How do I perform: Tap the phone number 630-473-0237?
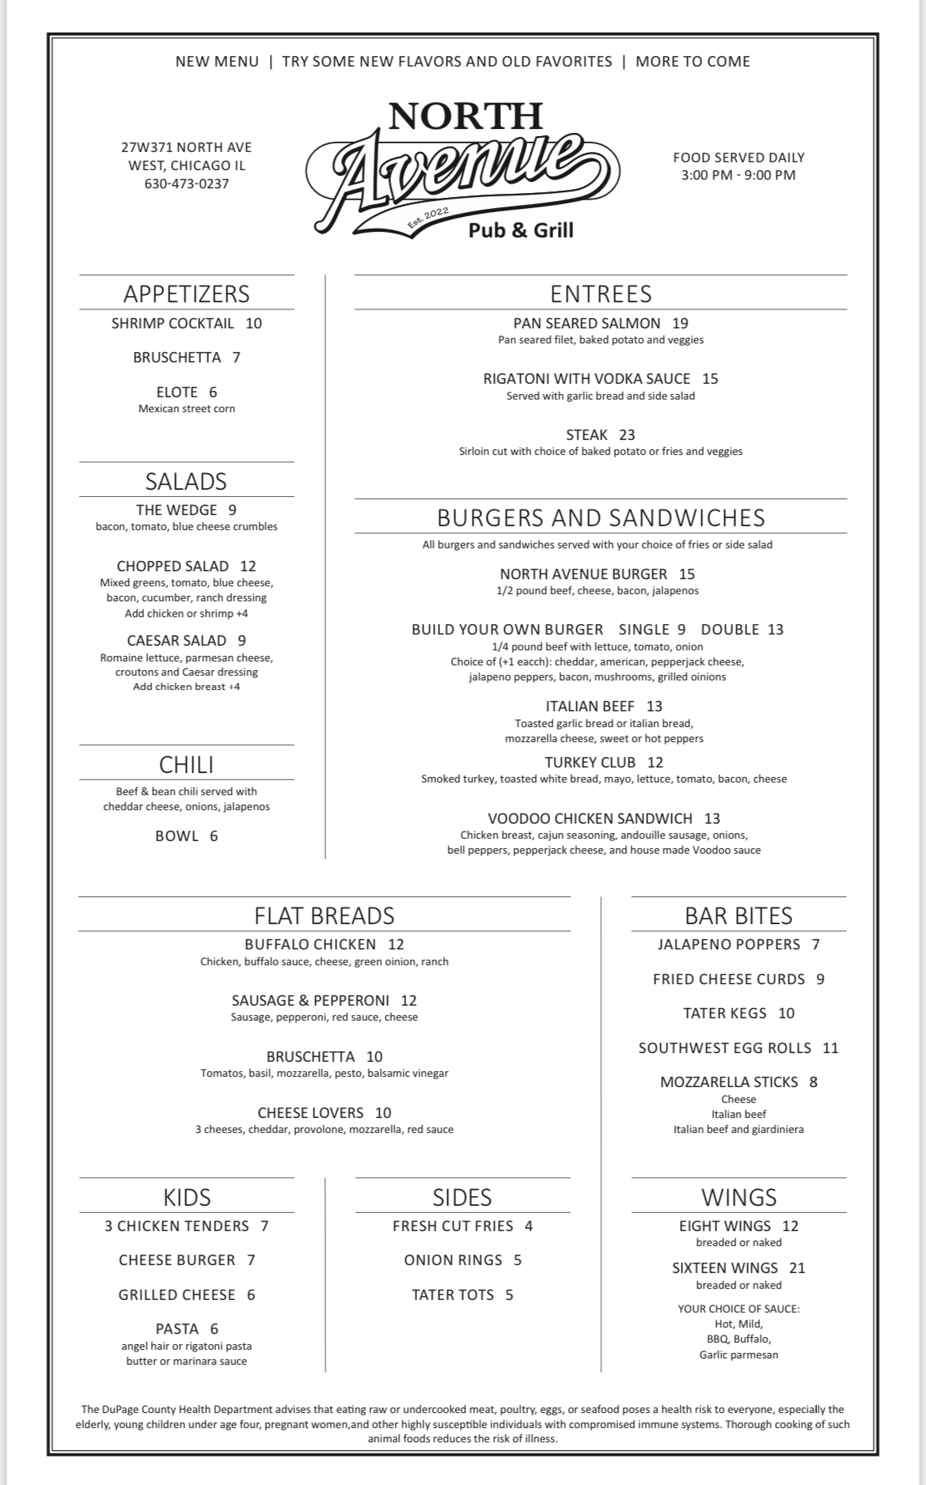[187, 184]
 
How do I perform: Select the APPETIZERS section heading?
[187, 294]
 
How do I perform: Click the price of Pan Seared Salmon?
[680, 323]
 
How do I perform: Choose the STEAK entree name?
[586, 434]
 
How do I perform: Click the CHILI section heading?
[187, 764]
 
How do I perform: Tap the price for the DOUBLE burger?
[776, 629]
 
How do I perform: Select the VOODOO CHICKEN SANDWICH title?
[590, 818]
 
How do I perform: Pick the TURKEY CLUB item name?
[590, 762]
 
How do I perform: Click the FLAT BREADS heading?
[324, 915]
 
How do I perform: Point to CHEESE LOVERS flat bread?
[310, 1112]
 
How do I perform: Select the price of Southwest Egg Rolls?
[830, 1047]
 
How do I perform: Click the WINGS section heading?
[738, 1197]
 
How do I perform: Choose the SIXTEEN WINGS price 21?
[797, 1267]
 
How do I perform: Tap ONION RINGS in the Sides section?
[453, 1260]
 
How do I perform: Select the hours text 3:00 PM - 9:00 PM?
[738, 175]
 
